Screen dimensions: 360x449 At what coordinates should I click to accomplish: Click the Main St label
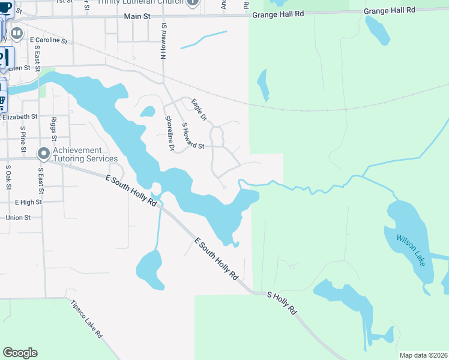(x=137, y=17)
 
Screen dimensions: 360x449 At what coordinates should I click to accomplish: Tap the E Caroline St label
(x=49, y=40)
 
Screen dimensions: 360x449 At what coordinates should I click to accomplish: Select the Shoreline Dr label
(x=169, y=133)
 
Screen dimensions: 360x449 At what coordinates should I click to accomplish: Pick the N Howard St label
(x=162, y=41)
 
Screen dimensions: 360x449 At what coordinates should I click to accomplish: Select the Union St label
(x=18, y=217)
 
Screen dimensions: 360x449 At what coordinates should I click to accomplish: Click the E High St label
(x=28, y=202)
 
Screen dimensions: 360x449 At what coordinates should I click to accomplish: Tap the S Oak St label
(x=9, y=178)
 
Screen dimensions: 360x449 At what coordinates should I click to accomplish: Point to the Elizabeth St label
(x=20, y=117)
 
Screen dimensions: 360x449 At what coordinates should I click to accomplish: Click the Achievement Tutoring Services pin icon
(x=43, y=154)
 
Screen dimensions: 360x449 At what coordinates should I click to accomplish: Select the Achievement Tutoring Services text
(x=85, y=154)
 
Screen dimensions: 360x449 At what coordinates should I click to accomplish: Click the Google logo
(x=20, y=353)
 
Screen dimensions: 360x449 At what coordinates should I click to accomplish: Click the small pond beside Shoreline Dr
(x=148, y=112)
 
